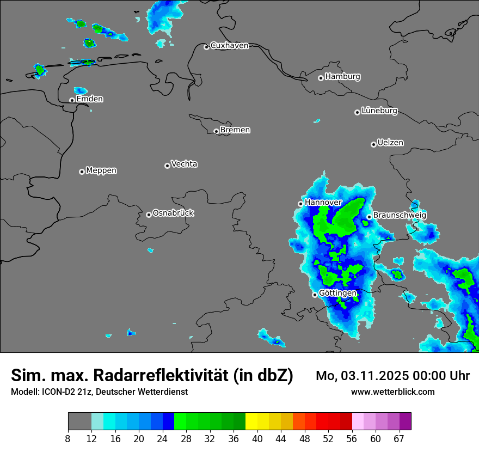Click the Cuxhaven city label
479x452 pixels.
pos(229,46)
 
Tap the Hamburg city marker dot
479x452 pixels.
pos(321,78)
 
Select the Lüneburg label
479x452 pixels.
pos(379,111)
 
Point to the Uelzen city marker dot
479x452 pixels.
pos(373,144)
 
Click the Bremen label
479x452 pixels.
pos(235,130)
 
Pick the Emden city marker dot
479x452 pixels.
pos(72,100)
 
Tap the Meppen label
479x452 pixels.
pos(101,170)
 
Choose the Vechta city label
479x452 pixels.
pos(184,164)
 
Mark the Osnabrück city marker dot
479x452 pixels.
pos(149,215)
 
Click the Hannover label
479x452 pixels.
pos(323,203)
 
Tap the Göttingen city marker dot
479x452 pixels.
pos(315,295)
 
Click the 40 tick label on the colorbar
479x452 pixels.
pos(257,438)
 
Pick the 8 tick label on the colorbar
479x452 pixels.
pos(68,438)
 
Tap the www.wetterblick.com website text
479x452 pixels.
pos(393,392)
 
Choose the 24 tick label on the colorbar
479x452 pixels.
pos(163,438)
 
